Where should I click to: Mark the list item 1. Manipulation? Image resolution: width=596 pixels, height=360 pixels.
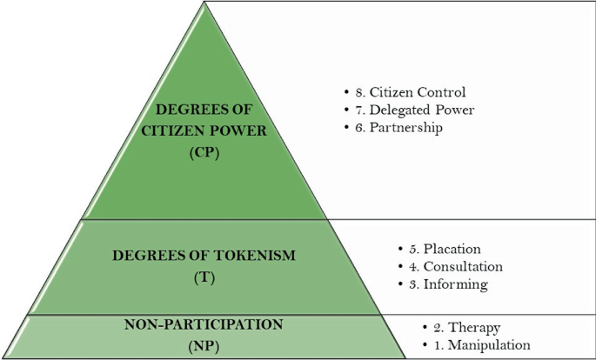pos(481,345)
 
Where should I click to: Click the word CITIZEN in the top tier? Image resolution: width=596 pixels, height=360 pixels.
pos(172,130)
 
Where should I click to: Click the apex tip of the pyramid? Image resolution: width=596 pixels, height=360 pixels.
pos(204,3)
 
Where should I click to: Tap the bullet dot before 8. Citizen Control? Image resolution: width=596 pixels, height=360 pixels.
pos(346,92)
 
